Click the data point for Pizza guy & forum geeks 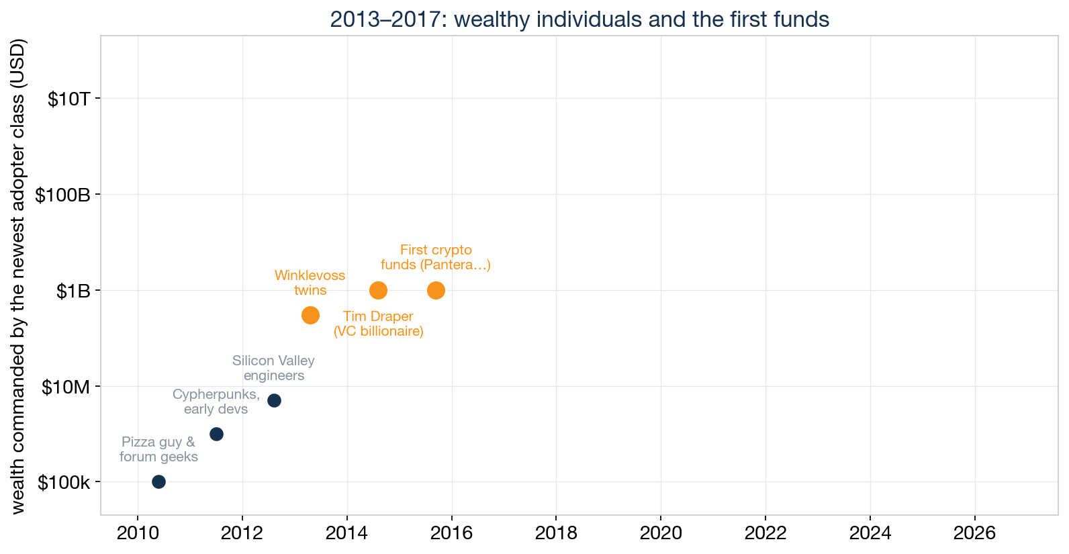pyautogui.click(x=158, y=482)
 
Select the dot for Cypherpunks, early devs pyautogui.click(x=216, y=434)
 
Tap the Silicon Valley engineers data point pyautogui.click(x=274, y=400)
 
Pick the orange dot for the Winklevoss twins pyautogui.click(x=310, y=316)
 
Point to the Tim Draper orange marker pyautogui.click(x=378, y=290)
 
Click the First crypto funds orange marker pyautogui.click(x=436, y=290)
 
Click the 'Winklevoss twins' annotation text pyautogui.click(x=310, y=283)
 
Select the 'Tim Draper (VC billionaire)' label pyautogui.click(x=379, y=324)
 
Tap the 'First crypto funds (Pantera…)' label pyautogui.click(x=436, y=257)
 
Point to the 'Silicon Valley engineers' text pyautogui.click(x=273, y=368)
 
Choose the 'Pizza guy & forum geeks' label pyautogui.click(x=158, y=449)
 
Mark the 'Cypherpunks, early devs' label pyautogui.click(x=216, y=402)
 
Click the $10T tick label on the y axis pyautogui.click(x=68, y=99)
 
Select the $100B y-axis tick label pyautogui.click(x=62, y=195)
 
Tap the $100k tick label pyautogui.click(x=64, y=483)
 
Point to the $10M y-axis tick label pyautogui.click(x=66, y=387)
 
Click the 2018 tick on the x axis pyautogui.click(x=556, y=533)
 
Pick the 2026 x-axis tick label pyautogui.click(x=974, y=533)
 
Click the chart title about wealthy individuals pyautogui.click(x=579, y=19)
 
